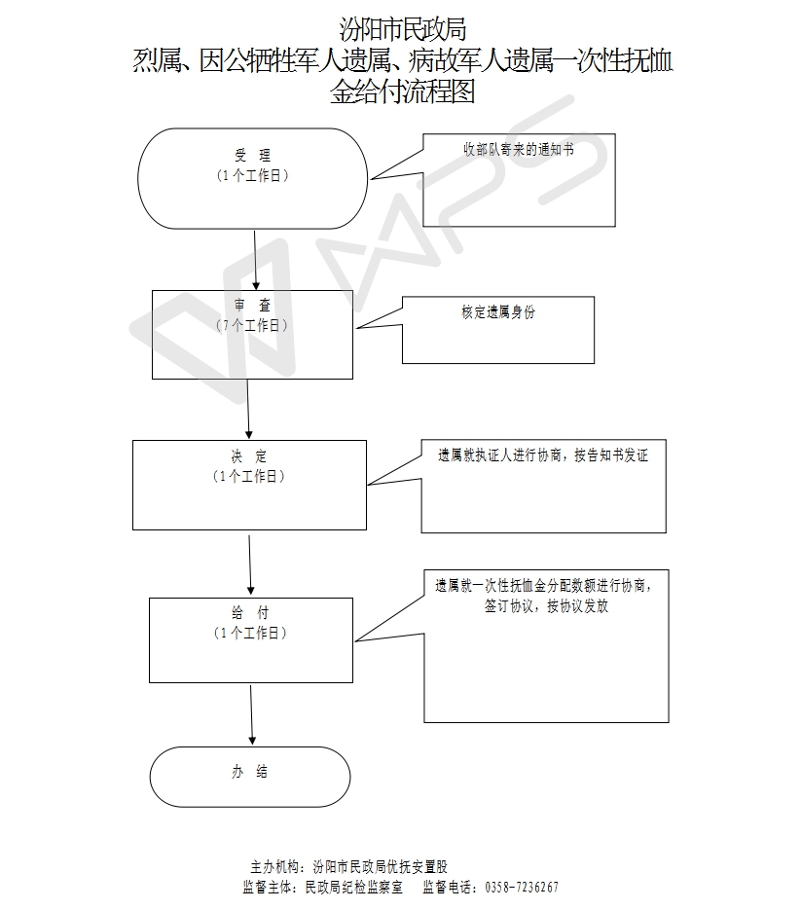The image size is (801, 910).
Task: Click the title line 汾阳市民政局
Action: tap(402, 29)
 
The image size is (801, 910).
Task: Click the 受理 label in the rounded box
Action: tap(252, 155)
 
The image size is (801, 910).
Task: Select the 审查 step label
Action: tap(252, 305)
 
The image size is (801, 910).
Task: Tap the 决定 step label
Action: tap(249, 456)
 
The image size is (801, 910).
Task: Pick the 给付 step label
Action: tap(250, 612)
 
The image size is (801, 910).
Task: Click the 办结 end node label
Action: tap(249, 771)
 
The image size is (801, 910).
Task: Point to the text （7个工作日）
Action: tap(252, 325)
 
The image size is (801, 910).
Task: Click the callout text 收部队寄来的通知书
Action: tap(519, 149)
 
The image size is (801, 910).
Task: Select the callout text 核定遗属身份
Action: tap(498, 312)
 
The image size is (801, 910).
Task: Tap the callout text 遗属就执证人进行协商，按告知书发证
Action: tap(543, 455)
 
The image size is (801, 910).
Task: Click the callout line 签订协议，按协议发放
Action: tap(546, 606)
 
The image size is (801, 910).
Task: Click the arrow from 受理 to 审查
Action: tap(255, 260)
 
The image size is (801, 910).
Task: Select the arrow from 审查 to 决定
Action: tap(248, 409)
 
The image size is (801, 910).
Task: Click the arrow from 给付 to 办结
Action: tap(251, 714)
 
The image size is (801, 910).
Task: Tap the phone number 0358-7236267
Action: tap(522, 888)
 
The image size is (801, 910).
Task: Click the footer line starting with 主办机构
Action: tap(348, 867)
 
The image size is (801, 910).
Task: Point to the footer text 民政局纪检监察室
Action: tap(353, 888)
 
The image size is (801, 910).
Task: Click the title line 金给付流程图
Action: tap(402, 91)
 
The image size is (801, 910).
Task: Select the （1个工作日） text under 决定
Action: tap(249, 477)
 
